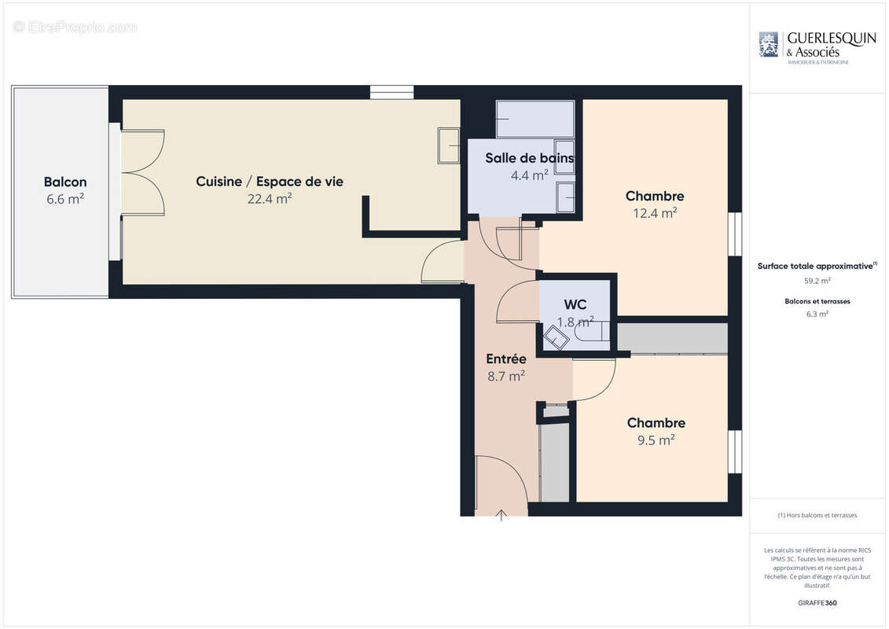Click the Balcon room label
[x=65, y=182]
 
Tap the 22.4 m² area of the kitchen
[x=270, y=199]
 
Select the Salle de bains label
[x=529, y=158]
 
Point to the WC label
[x=575, y=304]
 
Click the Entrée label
[x=506, y=359]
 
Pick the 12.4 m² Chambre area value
[x=655, y=213]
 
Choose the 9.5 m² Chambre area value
[x=656, y=440]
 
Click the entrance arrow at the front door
[x=501, y=516]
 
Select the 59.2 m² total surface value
[x=817, y=280]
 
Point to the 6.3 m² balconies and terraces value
[x=817, y=314]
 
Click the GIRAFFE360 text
[x=817, y=603]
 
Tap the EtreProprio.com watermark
[x=75, y=28]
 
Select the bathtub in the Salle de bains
[x=535, y=119]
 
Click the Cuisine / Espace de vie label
[x=270, y=182]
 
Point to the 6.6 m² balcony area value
[x=65, y=199]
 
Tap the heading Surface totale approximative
[x=816, y=266]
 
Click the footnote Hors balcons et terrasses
[x=817, y=515]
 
